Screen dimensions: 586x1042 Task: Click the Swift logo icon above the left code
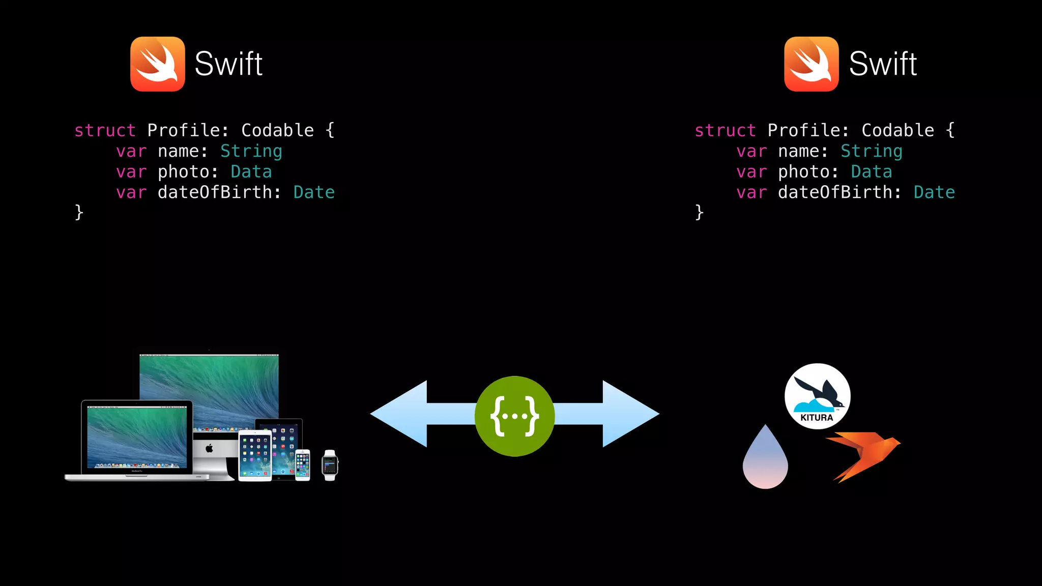(157, 64)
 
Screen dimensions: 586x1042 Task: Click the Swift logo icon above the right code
(811, 64)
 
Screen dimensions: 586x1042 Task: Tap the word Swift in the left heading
(228, 64)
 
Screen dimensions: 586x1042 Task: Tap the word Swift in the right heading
(883, 64)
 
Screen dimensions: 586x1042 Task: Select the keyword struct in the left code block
(105, 131)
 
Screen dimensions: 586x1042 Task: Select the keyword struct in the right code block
(725, 131)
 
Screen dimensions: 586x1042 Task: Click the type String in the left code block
(251, 151)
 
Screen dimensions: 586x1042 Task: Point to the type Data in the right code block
(871, 172)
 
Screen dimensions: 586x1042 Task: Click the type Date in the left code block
(314, 192)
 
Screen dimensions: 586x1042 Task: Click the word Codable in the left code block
(277, 131)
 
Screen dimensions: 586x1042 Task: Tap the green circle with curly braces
(514, 416)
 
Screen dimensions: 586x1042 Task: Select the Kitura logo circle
(817, 396)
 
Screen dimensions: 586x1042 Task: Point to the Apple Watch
(330, 465)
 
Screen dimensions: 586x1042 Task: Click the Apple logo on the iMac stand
(209, 448)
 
